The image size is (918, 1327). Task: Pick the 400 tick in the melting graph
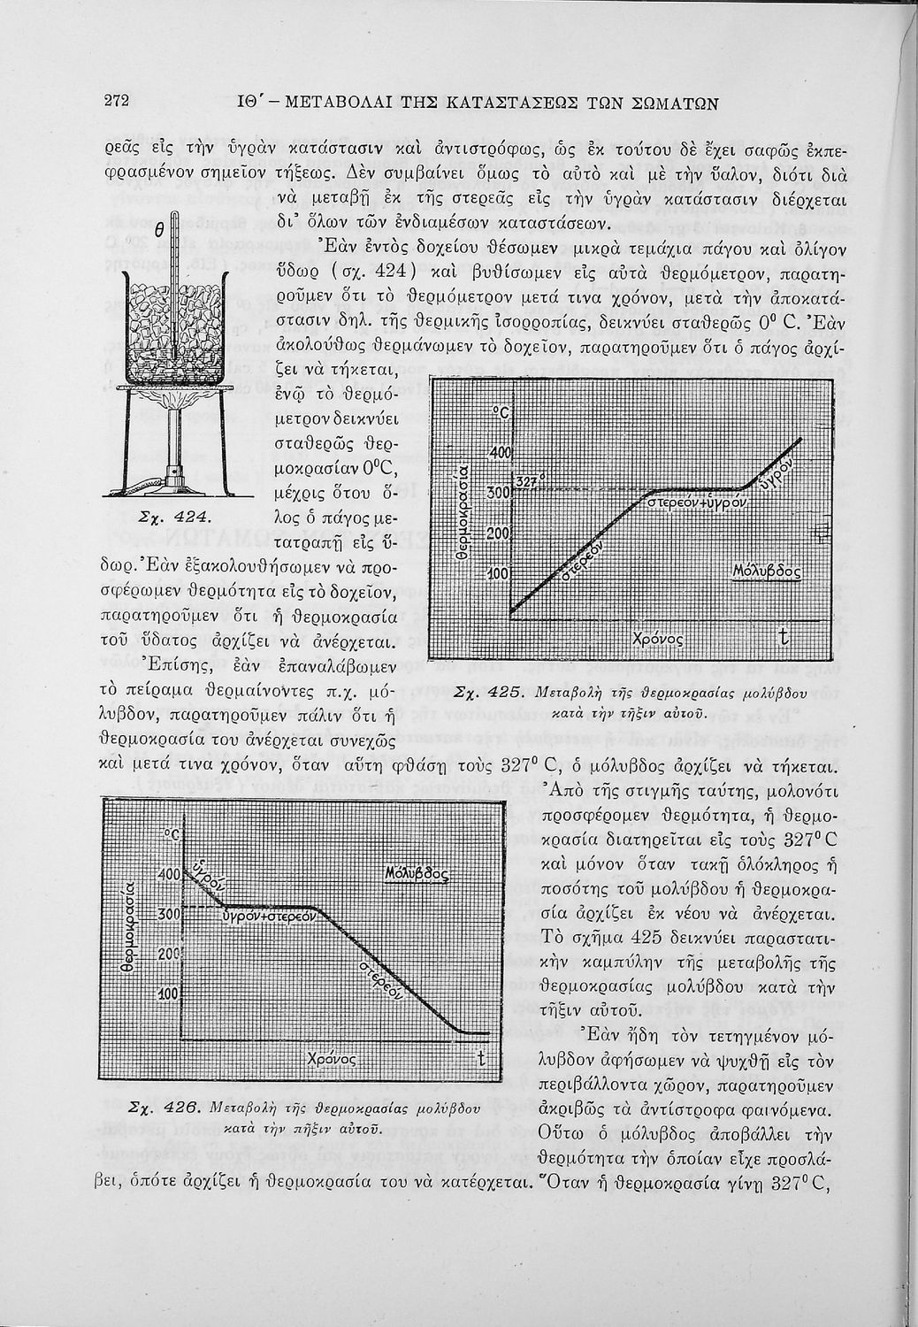[501, 453]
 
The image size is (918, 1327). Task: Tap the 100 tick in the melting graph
[500, 574]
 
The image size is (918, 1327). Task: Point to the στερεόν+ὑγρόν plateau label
[699, 502]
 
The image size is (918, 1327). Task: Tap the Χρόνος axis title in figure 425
[660, 638]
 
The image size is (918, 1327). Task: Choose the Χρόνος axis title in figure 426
[331, 1059]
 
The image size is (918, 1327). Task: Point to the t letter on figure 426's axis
[481, 1057]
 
